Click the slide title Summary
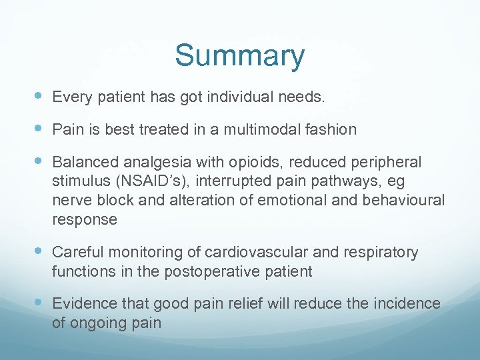[240, 56]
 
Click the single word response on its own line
[84, 220]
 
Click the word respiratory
[381, 252]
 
